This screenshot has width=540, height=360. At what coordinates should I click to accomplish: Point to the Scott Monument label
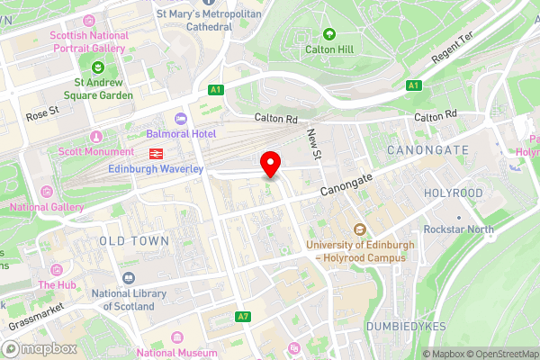tap(96, 152)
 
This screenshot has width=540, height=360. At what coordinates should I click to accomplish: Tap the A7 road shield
tap(242, 317)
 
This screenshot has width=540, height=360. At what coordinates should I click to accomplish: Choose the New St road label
tap(314, 144)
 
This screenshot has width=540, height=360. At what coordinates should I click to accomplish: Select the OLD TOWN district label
tap(134, 241)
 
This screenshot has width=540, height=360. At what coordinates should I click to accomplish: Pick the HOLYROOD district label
tap(454, 193)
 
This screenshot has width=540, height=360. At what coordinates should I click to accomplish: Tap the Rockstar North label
tap(459, 229)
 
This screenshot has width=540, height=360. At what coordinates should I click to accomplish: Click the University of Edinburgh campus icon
tap(359, 229)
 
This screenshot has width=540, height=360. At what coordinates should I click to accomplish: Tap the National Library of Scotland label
tap(130, 299)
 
